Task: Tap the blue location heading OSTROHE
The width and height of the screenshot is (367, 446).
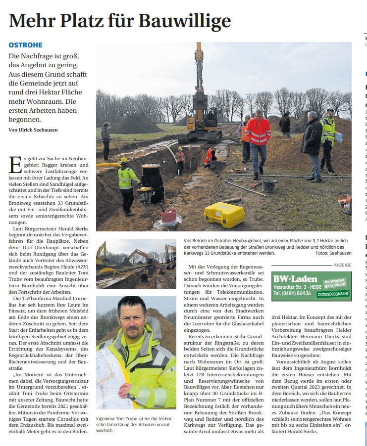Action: click(25, 45)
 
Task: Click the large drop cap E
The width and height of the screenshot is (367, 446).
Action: click(15, 166)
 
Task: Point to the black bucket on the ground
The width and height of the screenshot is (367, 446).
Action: click(269, 186)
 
